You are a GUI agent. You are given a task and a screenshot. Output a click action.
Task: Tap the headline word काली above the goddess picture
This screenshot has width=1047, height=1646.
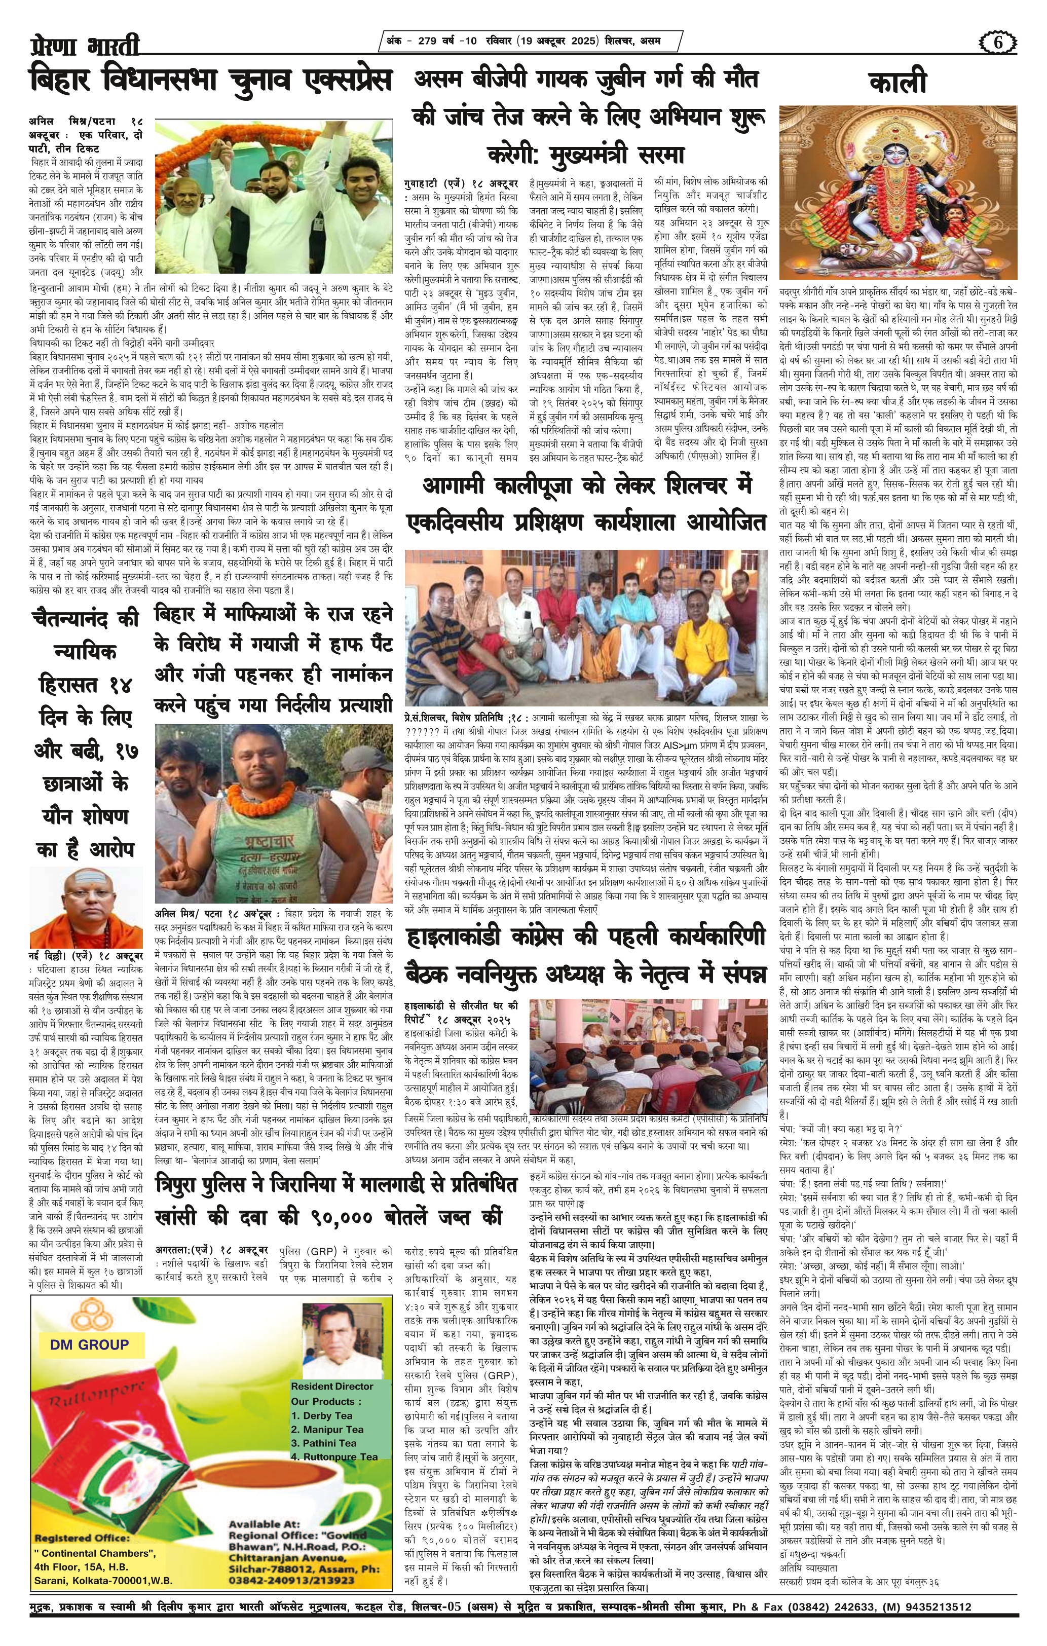898,83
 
